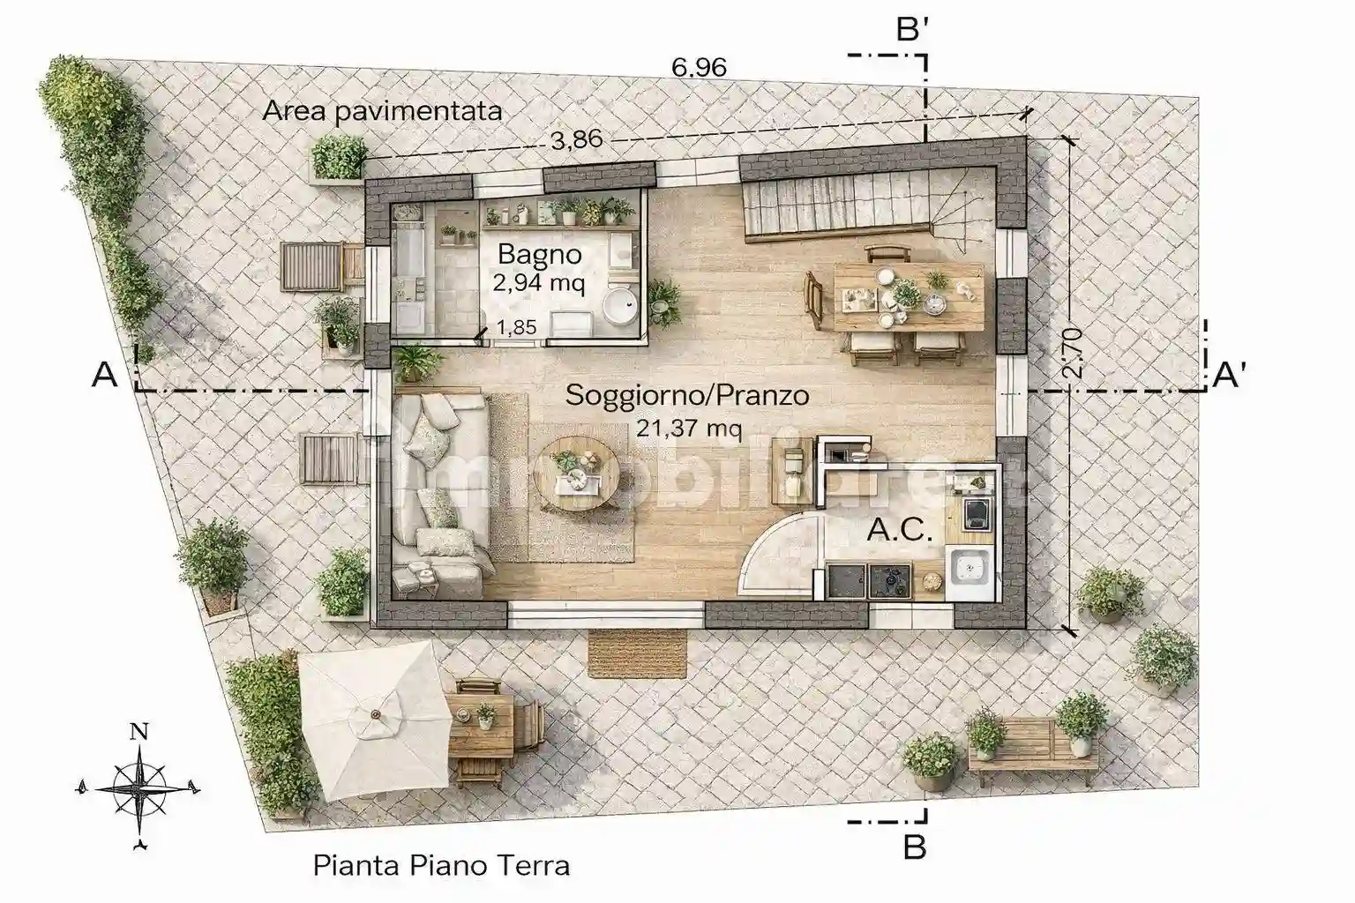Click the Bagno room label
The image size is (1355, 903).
540,255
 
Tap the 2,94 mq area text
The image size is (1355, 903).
538,282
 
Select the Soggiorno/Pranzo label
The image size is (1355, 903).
687,396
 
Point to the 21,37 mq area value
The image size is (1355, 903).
689,429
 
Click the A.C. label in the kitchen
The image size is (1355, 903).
899,530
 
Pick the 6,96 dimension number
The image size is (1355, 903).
699,67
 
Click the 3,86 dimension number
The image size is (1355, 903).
576,139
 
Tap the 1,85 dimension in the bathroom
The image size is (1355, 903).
516,327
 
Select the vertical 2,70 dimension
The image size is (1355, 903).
1072,354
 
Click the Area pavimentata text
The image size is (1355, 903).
382,111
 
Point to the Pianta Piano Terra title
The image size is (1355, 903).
442,865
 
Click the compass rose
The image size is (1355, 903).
139,788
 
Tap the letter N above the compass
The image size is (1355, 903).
139,732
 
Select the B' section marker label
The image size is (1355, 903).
912,29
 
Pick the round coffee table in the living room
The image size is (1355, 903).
579,473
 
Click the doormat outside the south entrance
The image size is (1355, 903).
638,653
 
